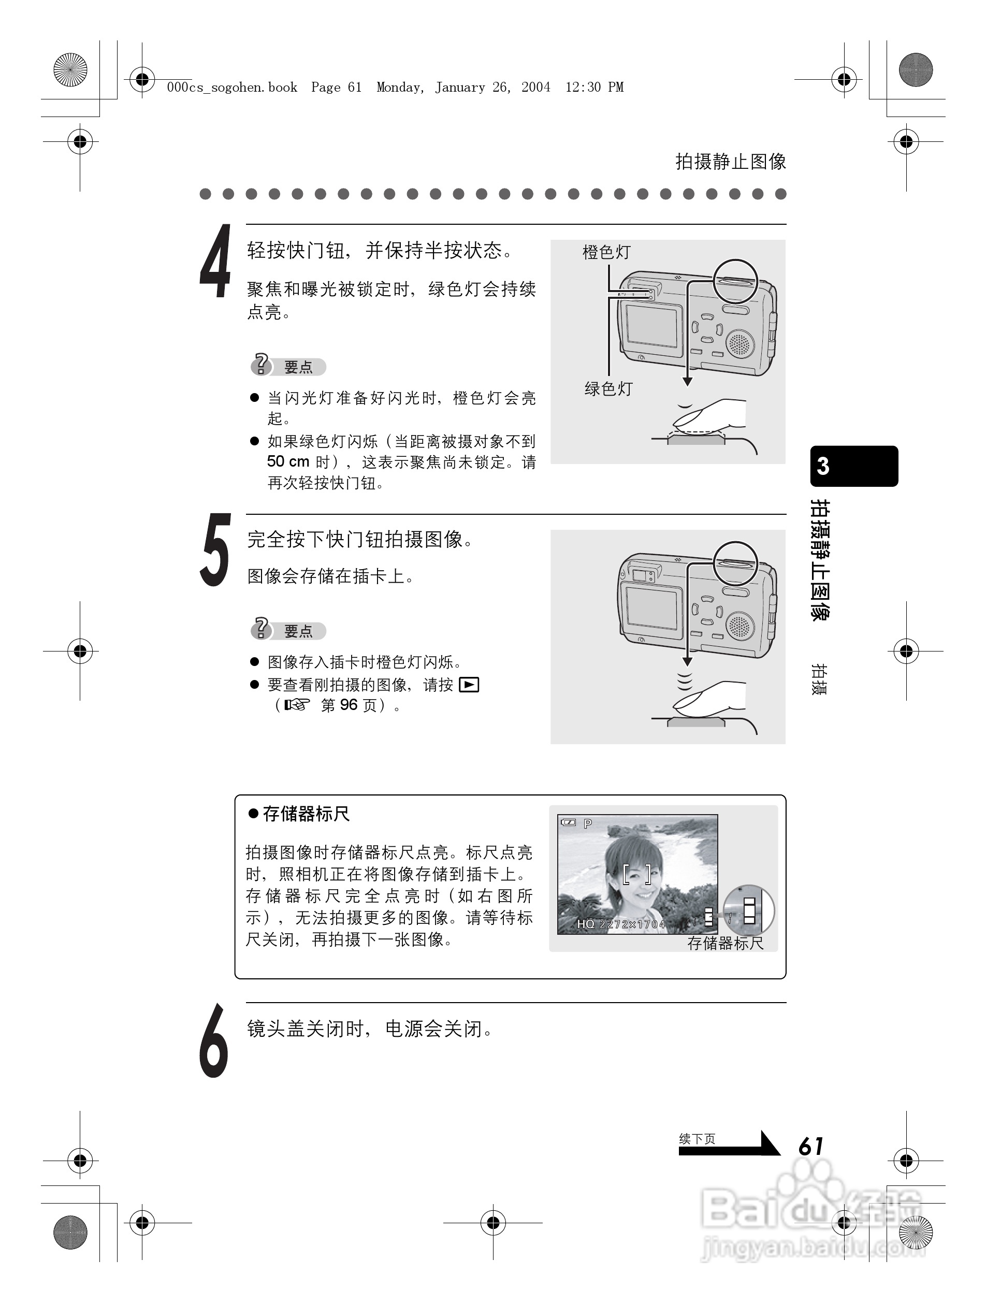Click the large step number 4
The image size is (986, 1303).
click(215, 262)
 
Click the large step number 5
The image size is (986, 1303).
click(215, 550)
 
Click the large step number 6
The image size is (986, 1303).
click(214, 1041)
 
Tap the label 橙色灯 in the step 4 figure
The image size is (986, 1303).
click(606, 252)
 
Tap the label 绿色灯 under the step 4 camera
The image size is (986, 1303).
click(608, 389)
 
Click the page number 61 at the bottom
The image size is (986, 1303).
click(811, 1146)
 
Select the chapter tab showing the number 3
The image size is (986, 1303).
click(853, 466)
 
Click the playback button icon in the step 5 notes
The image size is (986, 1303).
click(469, 685)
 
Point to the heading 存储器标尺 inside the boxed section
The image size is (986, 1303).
click(306, 814)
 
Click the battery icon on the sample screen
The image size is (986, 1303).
click(569, 823)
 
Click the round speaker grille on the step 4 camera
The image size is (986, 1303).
click(739, 343)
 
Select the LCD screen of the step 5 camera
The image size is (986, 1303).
click(651, 609)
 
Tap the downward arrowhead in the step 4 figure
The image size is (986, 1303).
click(687, 382)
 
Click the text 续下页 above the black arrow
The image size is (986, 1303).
click(697, 1139)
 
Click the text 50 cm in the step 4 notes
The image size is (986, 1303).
click(288, 461)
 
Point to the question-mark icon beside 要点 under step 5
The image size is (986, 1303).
click(260, 629)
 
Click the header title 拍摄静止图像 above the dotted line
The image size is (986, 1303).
click(730, 162)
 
